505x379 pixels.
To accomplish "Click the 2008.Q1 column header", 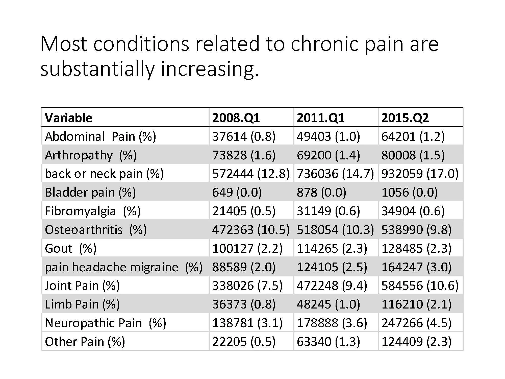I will [236, 118].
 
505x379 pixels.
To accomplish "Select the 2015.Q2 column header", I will [405, 118].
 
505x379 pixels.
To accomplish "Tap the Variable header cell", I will [68, 118].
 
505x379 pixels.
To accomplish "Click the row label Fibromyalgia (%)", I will [92, 211].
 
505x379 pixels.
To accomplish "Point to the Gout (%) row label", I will [70, 248].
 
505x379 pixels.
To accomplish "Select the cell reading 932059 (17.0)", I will [420, 174].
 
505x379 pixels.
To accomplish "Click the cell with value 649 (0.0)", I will [237, 192].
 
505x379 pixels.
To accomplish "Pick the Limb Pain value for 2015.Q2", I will [416, 304].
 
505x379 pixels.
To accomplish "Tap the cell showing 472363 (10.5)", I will [250, 230].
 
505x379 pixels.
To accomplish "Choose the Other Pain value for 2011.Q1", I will [328, 342].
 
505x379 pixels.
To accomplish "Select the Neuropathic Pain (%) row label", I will [105, 323].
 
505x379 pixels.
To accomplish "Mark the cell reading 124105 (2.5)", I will [332, 267].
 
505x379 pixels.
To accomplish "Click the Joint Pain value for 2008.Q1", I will [247, 286].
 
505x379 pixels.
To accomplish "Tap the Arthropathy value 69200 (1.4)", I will [328, 155].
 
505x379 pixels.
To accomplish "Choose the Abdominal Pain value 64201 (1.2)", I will [413, 136].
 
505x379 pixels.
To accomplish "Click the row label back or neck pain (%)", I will [104, 174].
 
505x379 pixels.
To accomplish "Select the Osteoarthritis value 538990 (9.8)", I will [416, 230].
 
